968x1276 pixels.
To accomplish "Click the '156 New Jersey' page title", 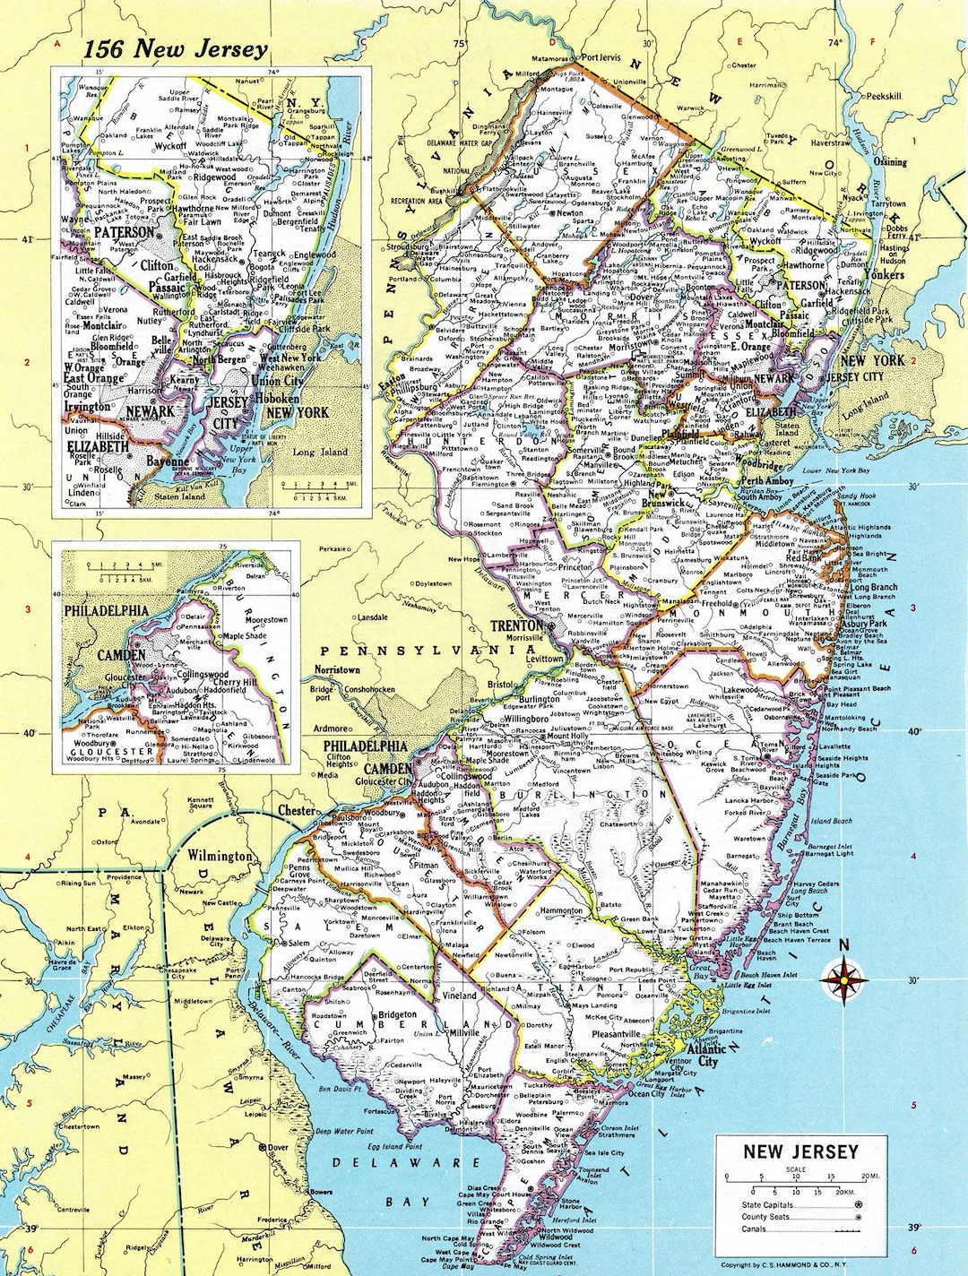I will [x=175, y=49].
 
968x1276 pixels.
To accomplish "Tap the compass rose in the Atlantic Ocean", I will [x=843, y=979].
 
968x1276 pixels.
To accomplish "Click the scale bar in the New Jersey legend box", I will [x=797, y=1181].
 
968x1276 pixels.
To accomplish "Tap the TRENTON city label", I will [x=516, y=625].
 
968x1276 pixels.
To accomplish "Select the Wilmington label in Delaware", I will [x=220, y=856].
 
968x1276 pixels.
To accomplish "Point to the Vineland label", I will [x=459, y=996].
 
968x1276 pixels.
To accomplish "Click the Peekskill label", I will [x=882, y=96].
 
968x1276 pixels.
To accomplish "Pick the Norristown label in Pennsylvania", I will [x=337, y=669].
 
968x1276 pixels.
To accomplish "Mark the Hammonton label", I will [x=561, y=910].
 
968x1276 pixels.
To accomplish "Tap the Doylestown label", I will [x=433, y=583].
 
